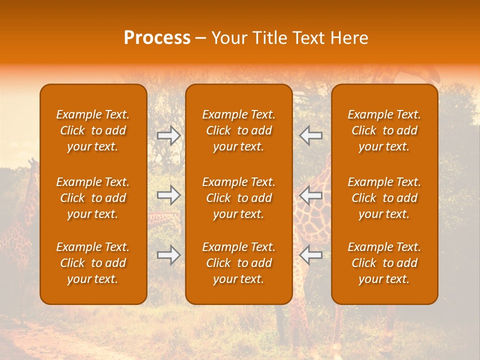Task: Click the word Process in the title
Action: [157, 38]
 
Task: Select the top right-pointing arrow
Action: [169, 135]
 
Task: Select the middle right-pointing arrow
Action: [169, 195]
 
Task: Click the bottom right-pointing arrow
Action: [169, 255]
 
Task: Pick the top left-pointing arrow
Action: [311, 135]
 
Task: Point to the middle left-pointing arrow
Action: [311, 195]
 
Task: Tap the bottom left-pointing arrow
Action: [311, 255]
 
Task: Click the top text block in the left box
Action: [93, 130]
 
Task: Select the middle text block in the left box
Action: [93, 198]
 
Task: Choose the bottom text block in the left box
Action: [93, 263]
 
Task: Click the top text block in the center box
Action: [239, 130]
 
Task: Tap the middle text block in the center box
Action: [239, 198]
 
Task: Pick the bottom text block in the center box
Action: [239, 263]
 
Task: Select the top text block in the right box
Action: [384, 130]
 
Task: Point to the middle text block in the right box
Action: [384, 198]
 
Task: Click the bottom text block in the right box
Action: [384, 263]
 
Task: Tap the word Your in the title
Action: [228, 38]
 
